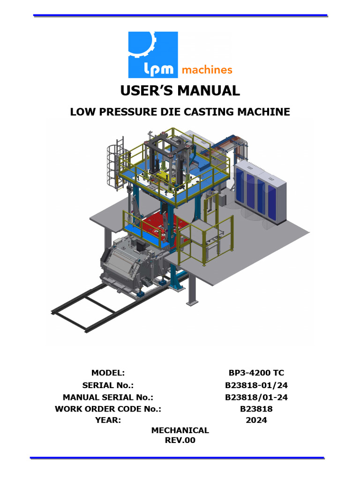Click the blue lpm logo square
coord(153,54)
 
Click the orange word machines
coord(207,70)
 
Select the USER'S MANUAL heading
coord(180,90)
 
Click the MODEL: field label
coord(108,373)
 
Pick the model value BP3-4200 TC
coord(256,373)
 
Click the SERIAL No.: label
coord(108,385)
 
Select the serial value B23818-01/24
coord(256,385)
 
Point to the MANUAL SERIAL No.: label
coord(108,397)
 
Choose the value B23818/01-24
coord(256,397)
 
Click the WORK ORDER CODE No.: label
coord(108,409)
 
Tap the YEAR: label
coord(108,420)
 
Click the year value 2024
coord(256,420)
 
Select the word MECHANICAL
coord(180,430)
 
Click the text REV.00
coord(180,441)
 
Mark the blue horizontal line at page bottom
coord(177,457)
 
